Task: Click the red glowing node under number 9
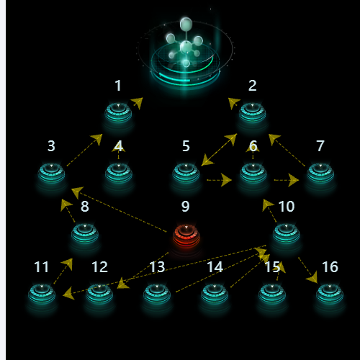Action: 186,236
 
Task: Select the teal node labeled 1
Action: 118,112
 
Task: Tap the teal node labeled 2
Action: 252,112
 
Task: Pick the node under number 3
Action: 51,174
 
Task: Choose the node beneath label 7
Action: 320,174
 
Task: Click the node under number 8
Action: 85,234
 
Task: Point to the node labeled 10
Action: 287,234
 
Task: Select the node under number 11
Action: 42,294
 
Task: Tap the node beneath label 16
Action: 330,294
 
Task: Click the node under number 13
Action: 157,294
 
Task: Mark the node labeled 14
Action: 215,294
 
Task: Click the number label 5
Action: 186,146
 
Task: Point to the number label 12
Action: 100,267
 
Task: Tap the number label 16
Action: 330,267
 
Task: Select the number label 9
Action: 186,207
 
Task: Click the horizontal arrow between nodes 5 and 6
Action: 219,180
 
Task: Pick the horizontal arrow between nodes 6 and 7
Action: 287,180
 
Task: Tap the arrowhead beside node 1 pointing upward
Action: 137,103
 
